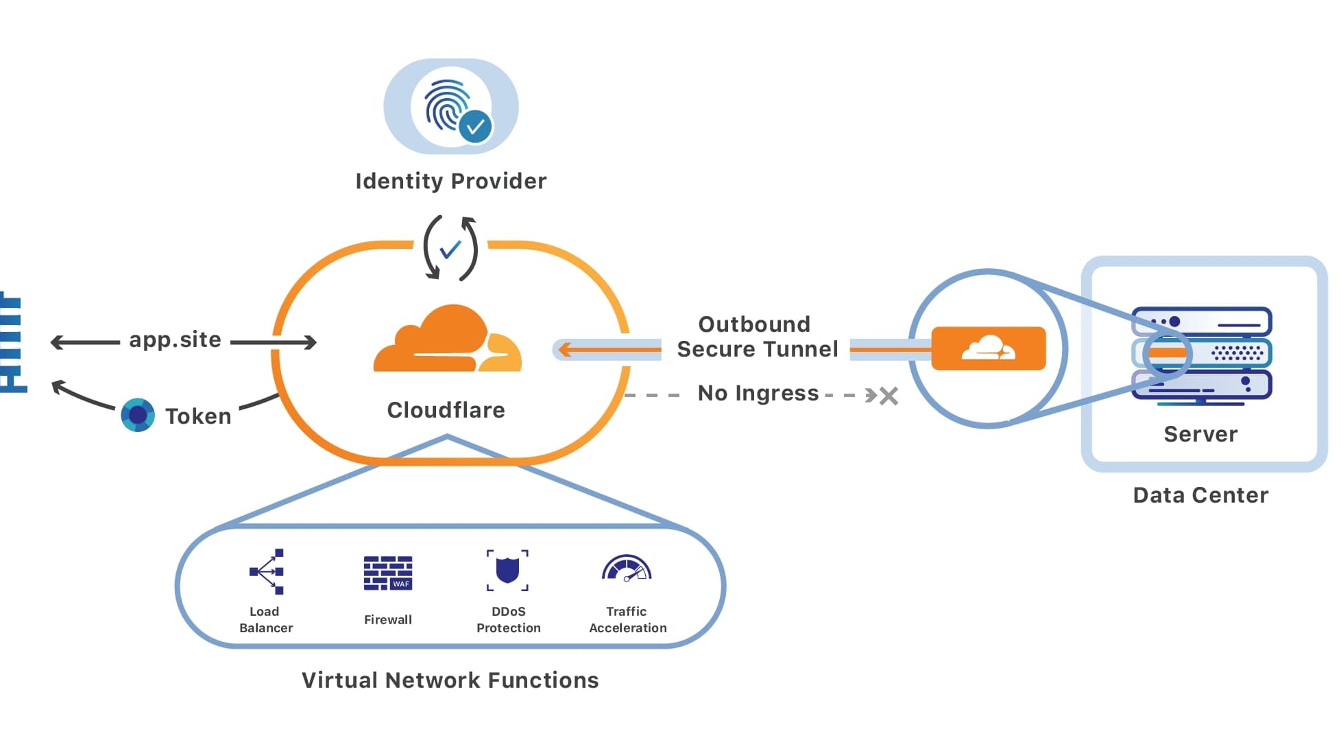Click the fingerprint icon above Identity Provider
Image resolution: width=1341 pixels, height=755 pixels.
446,104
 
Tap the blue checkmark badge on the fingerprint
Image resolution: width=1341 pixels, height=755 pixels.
475,127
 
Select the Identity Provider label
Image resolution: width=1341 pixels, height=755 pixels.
450,181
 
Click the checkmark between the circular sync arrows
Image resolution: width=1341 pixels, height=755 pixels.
450,249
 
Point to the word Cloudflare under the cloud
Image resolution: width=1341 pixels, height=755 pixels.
446,410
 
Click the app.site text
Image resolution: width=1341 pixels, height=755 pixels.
175,339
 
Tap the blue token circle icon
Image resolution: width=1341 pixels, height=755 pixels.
138,415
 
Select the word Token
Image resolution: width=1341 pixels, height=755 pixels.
198,416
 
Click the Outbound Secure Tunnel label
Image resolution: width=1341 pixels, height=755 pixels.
756,337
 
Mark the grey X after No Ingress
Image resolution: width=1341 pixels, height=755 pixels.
889,396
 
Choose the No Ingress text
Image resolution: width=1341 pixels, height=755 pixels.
758,393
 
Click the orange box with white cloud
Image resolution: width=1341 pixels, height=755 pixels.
988,348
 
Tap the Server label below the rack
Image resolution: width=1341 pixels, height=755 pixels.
1200,434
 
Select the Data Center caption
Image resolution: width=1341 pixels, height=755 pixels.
1200,495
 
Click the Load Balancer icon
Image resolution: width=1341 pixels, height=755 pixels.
267,571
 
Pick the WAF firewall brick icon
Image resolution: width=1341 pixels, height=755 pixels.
388,573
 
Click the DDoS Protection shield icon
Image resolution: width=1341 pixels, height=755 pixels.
507,570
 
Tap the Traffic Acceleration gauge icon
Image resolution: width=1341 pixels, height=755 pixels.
627,569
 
